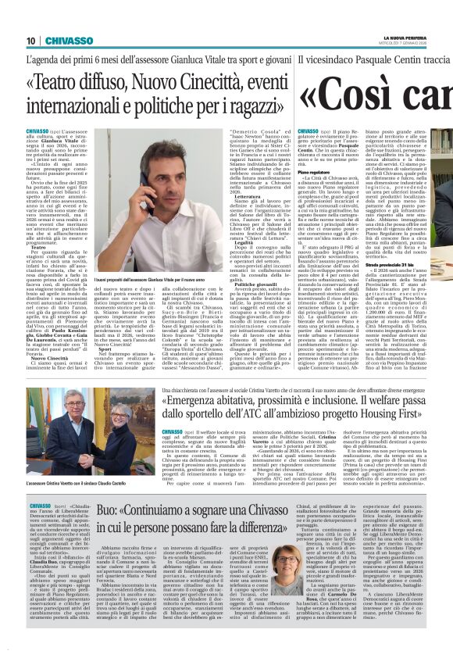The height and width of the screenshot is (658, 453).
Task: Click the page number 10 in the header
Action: point(30,41)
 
